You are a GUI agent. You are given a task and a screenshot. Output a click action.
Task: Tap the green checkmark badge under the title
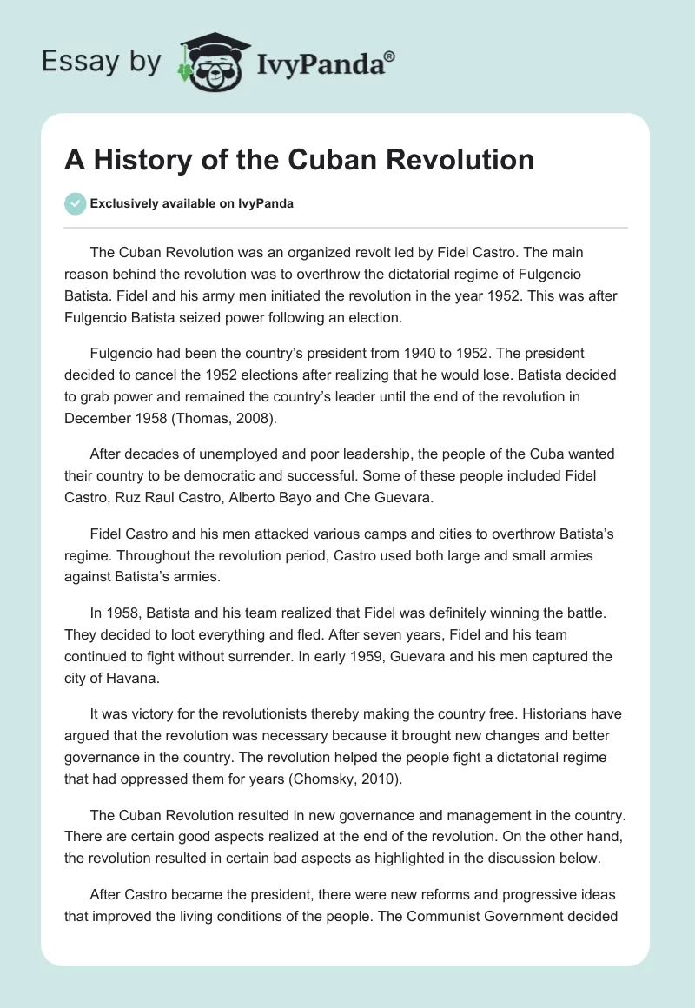(75, 203)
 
